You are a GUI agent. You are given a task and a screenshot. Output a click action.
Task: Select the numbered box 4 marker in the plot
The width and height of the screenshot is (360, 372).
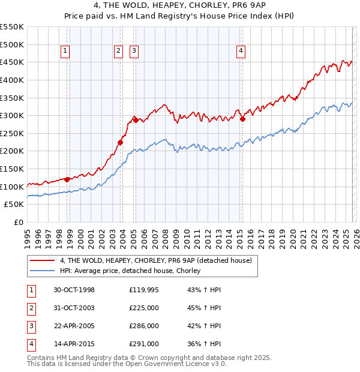241,52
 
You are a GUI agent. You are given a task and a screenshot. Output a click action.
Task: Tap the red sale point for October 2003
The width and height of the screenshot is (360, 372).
121,142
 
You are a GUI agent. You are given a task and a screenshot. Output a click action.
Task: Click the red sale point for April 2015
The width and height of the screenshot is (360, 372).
242,119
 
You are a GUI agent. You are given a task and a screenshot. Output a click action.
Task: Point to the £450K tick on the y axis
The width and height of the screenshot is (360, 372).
12,62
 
